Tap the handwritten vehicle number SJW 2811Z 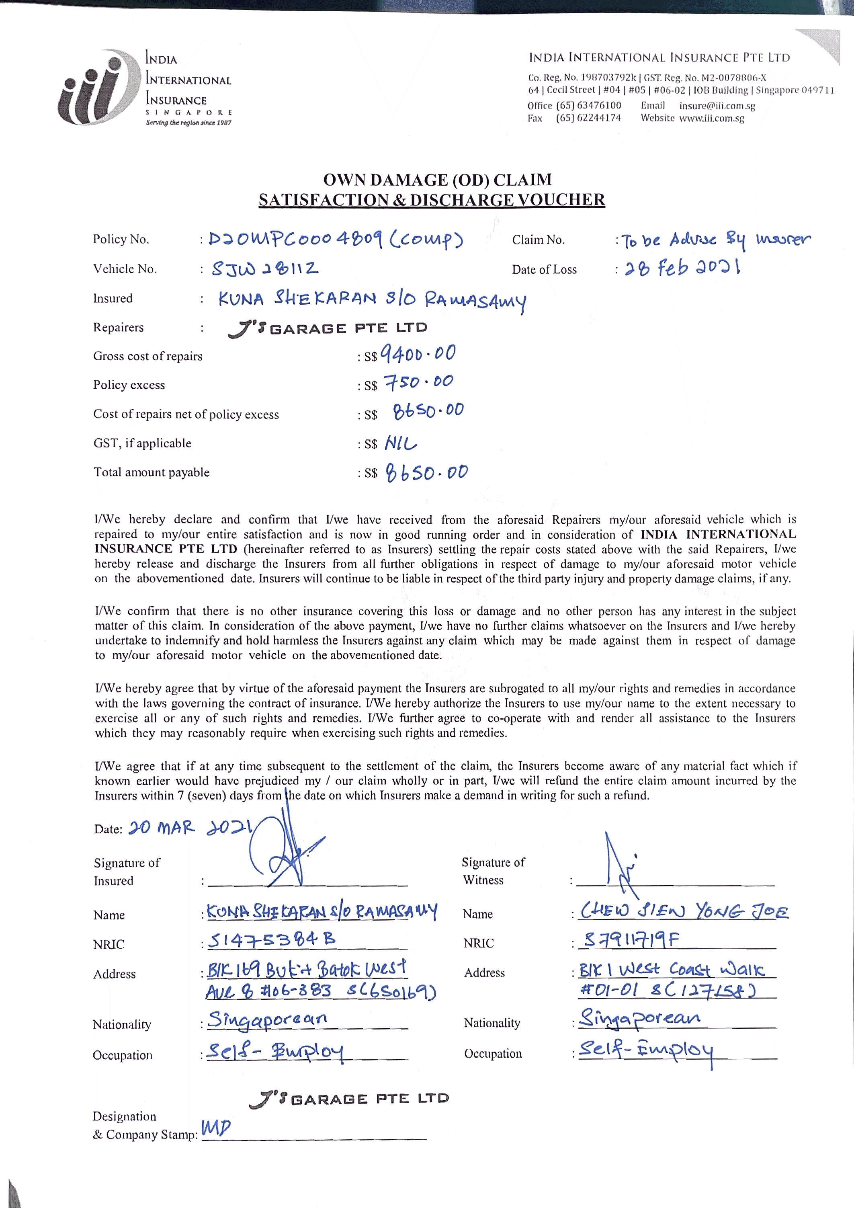tap(264, 269)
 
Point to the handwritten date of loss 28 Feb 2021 tap(682, 268)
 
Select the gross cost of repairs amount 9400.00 tap(418, 354)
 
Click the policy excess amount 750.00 tap(418, 382)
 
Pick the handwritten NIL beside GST tap(400, 443)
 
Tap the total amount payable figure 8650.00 tap(426, 472)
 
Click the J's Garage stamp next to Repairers tap(328, 328)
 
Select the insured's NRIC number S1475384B tap(271, 940)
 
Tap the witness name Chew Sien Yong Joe tap(684, 911)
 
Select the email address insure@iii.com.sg tap(717, 106)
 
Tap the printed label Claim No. tap(538, 240)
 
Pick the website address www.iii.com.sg tap(711, 118)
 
